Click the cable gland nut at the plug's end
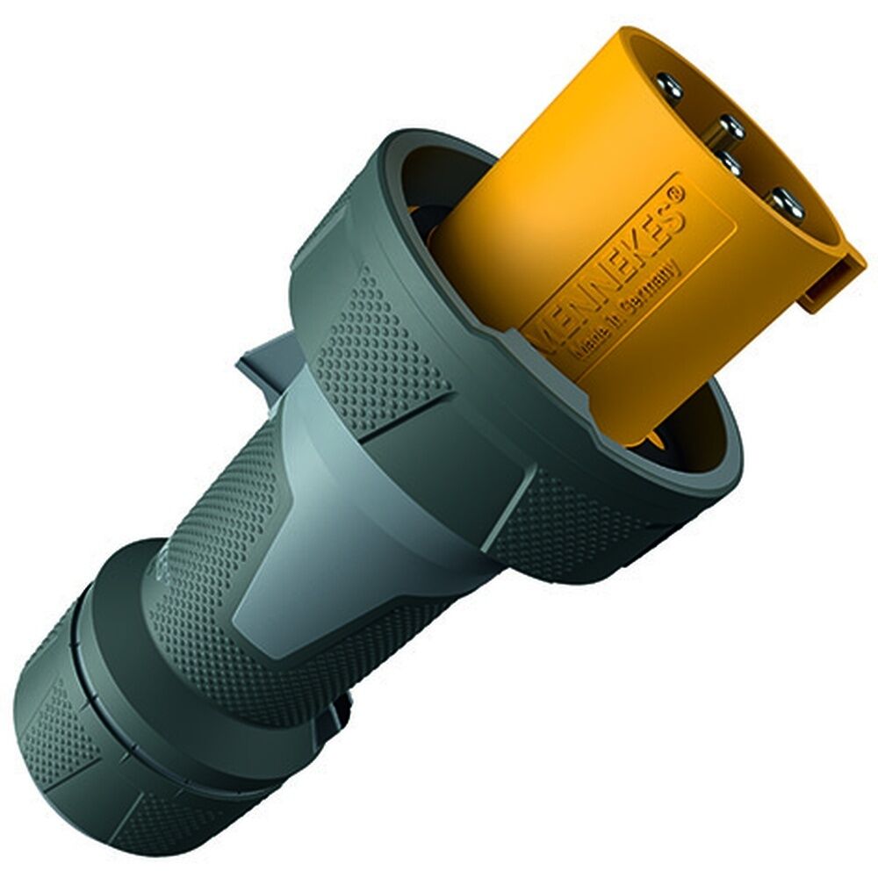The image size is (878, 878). (x=114, y=738)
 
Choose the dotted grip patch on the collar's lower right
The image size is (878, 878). (x=562, y=536)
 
